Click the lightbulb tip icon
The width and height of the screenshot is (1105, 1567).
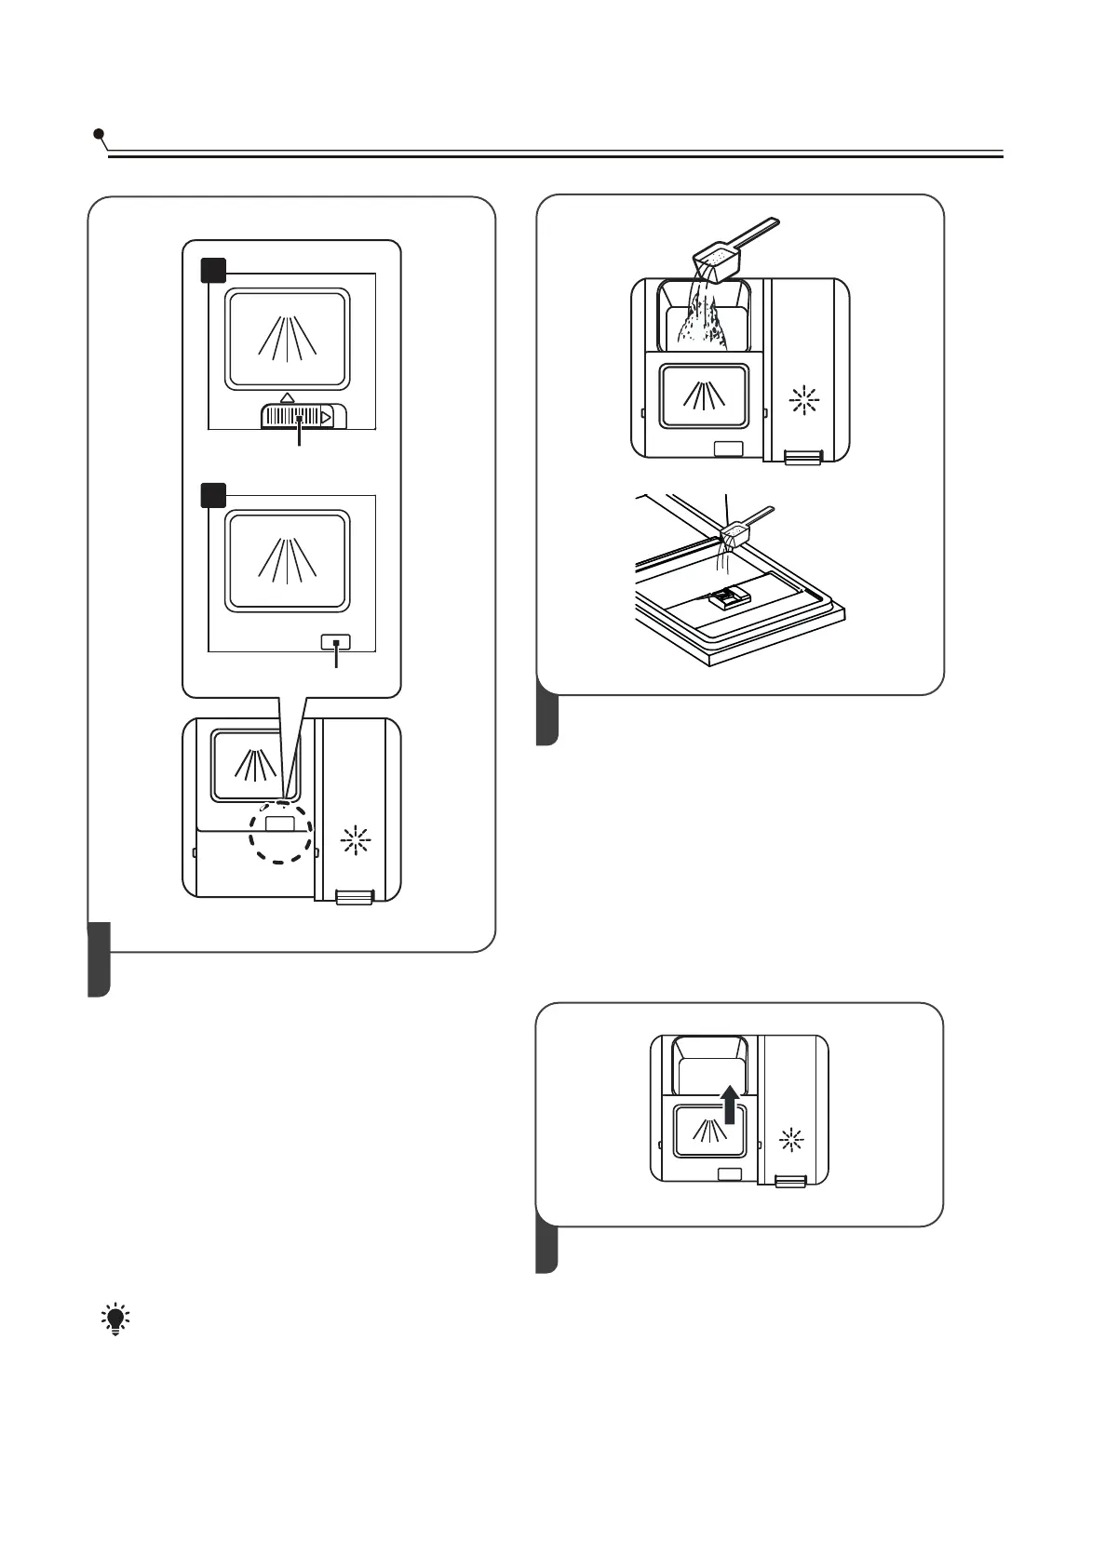[115, 1320]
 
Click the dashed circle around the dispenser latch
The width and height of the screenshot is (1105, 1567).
[279, 831]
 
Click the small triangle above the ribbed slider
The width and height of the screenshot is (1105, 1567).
[287, 397]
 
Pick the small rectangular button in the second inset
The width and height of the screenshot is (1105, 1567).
[336, 642]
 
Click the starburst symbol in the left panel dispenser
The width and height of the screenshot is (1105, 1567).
[356, 842]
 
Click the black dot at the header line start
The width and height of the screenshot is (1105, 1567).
[99, 135]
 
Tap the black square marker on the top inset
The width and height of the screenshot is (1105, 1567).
[214, 271]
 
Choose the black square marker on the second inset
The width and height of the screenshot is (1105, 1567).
[214, 494]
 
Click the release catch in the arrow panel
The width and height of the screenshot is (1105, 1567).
[791, 1180]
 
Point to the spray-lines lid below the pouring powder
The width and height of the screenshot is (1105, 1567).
[704, 395]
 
